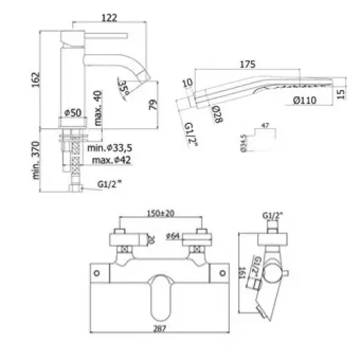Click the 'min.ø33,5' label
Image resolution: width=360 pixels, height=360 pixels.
113,148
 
